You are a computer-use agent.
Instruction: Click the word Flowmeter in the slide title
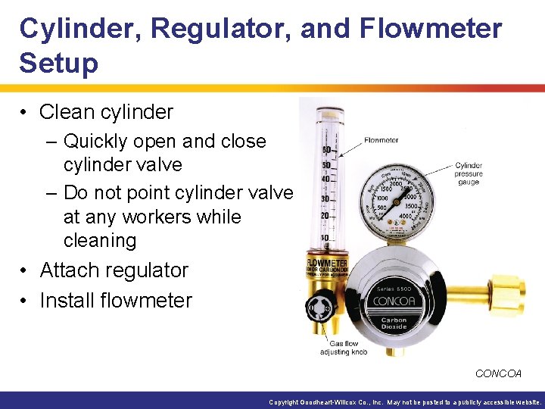point(431,29)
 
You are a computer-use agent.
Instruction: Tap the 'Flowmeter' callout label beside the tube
point(381,140)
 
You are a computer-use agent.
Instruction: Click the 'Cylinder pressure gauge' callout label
point(469,173)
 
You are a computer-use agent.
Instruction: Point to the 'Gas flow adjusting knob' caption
point(344,348)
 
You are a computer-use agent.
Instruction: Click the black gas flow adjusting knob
point(316,309)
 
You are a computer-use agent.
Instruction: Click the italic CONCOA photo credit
point(498,373)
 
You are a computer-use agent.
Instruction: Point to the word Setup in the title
point(59,64)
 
